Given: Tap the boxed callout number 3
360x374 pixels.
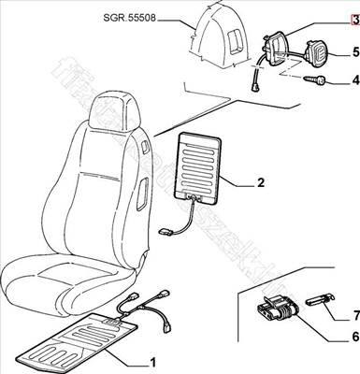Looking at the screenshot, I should click(354, 19).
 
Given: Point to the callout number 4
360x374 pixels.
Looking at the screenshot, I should click(354, 81).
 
